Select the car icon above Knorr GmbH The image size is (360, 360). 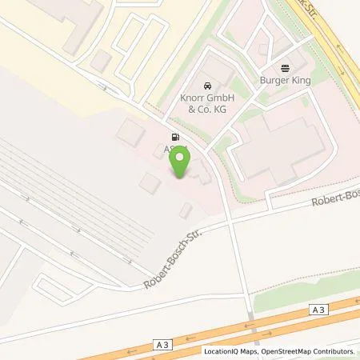[208, 86]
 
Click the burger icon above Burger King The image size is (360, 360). [285, 68]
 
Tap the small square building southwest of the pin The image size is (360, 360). [150, 183]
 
